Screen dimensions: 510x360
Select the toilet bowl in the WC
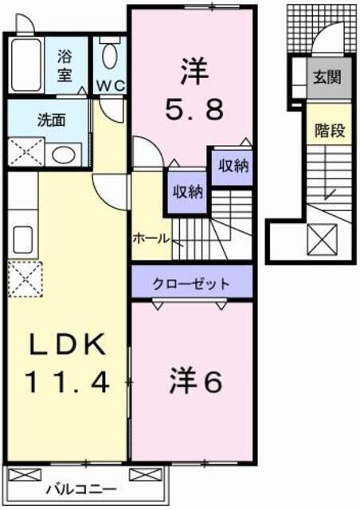[110, 57]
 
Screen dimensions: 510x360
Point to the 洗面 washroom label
[53, 120]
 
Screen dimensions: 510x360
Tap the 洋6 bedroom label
[194, 382]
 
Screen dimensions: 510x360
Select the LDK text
[67, 347]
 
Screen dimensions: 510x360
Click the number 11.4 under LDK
[66, 384]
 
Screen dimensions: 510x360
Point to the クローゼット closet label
[192, 284]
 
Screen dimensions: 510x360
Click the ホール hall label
[151, 237]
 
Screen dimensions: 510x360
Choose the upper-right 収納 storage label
[231, 166]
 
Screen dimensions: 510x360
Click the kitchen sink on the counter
[22, 238]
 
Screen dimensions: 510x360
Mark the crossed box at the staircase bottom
[327, 238]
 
